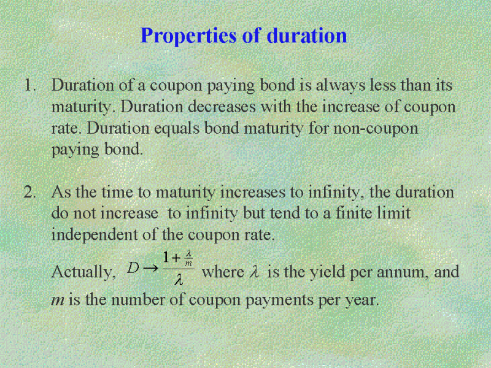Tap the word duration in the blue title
coord(307,35)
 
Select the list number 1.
coord(30,85)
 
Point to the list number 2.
coord(29,192)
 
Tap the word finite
coord(354,213)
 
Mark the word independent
coord(95,235)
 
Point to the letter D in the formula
coord(133,268)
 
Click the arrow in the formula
coord(151,268)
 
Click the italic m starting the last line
coord(58,301)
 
